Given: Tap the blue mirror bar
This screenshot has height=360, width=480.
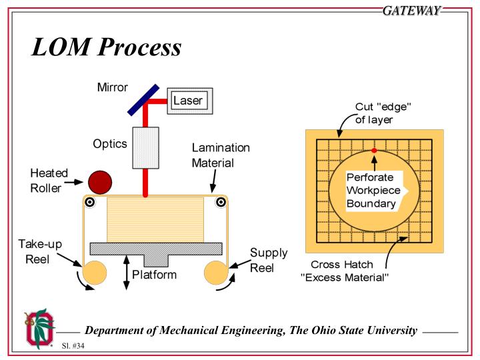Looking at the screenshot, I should pyautogui.click(x=143, y=99).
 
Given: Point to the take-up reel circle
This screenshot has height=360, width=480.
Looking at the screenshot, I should pyautogui.click(x=95, y=272).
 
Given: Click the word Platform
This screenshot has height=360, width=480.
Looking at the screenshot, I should pyautogui.click(x=154, y=273).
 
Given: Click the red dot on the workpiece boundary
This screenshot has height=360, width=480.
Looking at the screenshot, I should pyautogui.click(x=374, y=151).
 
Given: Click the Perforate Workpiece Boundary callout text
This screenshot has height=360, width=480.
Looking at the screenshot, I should pyautogui.click(x=371, y=191).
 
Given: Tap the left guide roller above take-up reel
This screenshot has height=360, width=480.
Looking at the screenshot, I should pyautogui.click(x=89, y=203).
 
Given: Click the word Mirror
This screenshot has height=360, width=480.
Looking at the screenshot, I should pyautogui.click(x=113, y=88).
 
